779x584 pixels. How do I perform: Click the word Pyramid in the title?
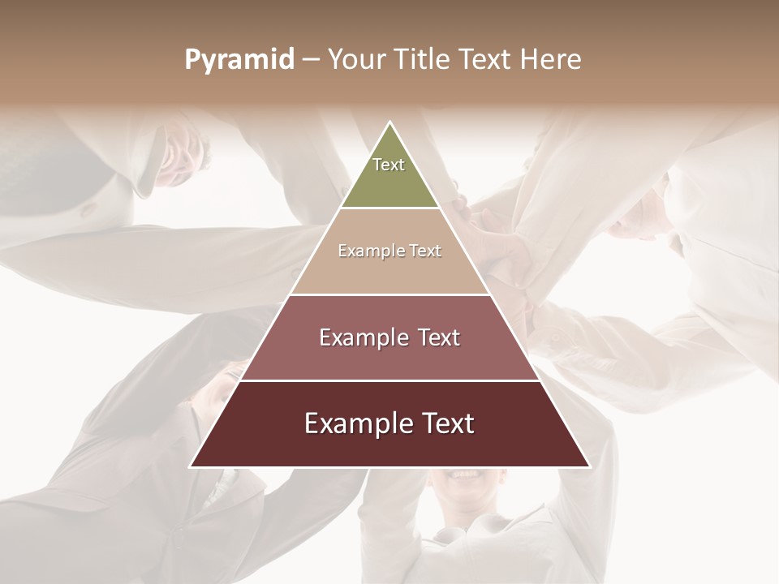click(239, 60)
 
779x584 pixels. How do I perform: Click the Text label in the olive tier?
click(389, 165)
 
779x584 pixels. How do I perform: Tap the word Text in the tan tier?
click(426, 251)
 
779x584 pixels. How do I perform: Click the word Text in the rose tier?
click(439, 337)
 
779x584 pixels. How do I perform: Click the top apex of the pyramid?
click(389, 123)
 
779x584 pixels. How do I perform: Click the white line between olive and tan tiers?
click(389, 208)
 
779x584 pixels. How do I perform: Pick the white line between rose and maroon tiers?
click(389, 380)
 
